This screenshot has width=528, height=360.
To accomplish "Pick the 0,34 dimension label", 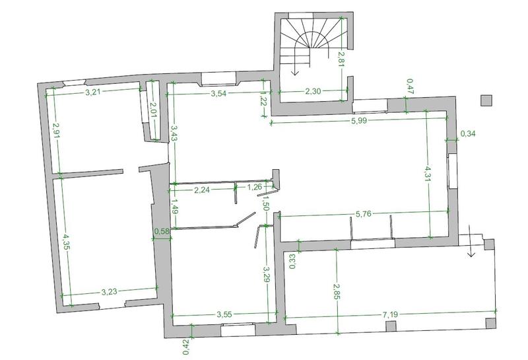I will point(468,134).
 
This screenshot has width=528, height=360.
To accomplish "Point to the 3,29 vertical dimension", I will point(267,274).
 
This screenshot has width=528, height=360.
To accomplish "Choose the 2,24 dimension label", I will point(202,190).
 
